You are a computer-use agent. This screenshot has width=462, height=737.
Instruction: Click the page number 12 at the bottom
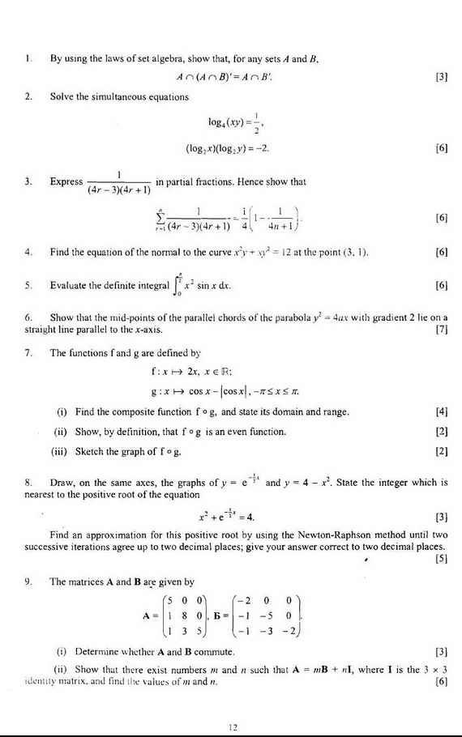(x=232, y=726)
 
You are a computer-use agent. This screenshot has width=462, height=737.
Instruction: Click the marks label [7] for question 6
(x=442, y=330)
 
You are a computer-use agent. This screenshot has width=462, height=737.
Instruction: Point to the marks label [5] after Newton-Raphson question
(x=442, y=558)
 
